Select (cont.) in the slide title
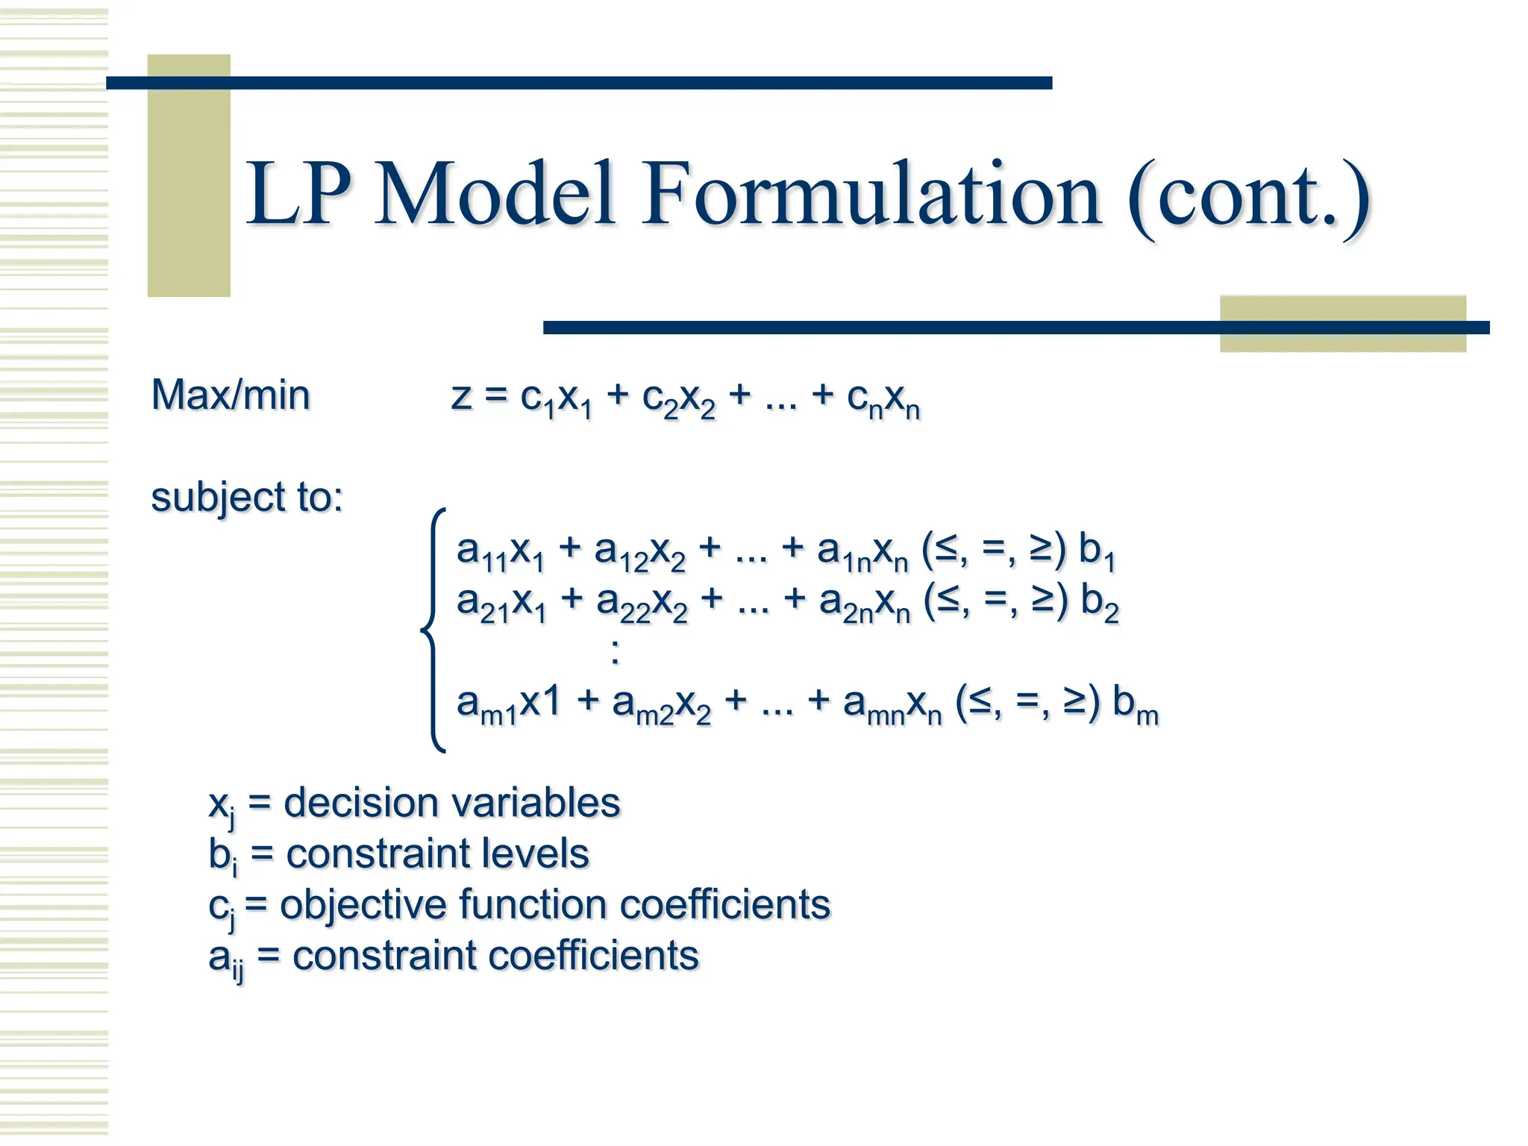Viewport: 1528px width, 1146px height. pos(1248,198)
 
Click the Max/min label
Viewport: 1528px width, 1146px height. pos(231,395)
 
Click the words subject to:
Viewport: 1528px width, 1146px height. pos(247,497)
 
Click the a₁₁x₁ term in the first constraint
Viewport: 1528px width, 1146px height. pos(501,552)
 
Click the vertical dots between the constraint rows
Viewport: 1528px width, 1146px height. pos(615,651)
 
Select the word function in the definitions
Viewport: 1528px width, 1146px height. pos(532,904)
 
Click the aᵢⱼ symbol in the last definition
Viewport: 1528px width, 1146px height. pos(225,959)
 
